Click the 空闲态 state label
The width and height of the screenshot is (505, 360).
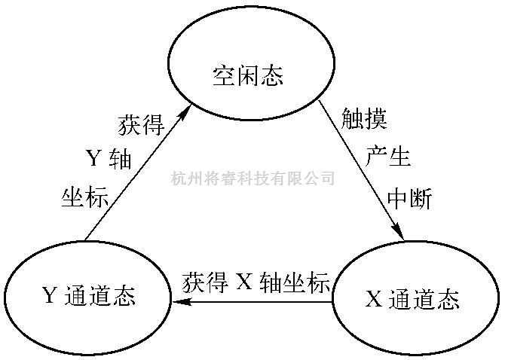248,76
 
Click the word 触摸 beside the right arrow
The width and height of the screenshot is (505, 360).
363,119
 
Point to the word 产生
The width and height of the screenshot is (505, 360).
387,157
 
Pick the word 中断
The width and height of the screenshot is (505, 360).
409,197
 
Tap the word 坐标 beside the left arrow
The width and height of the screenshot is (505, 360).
86,197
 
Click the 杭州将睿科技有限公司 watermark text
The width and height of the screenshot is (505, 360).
252,178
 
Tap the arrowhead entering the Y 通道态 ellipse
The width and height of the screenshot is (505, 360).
181,302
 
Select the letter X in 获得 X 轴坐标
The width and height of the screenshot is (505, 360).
243,282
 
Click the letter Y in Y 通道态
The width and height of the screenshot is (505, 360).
50,296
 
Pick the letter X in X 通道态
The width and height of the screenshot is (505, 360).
374,300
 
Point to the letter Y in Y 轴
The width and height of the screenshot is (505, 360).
94,160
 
